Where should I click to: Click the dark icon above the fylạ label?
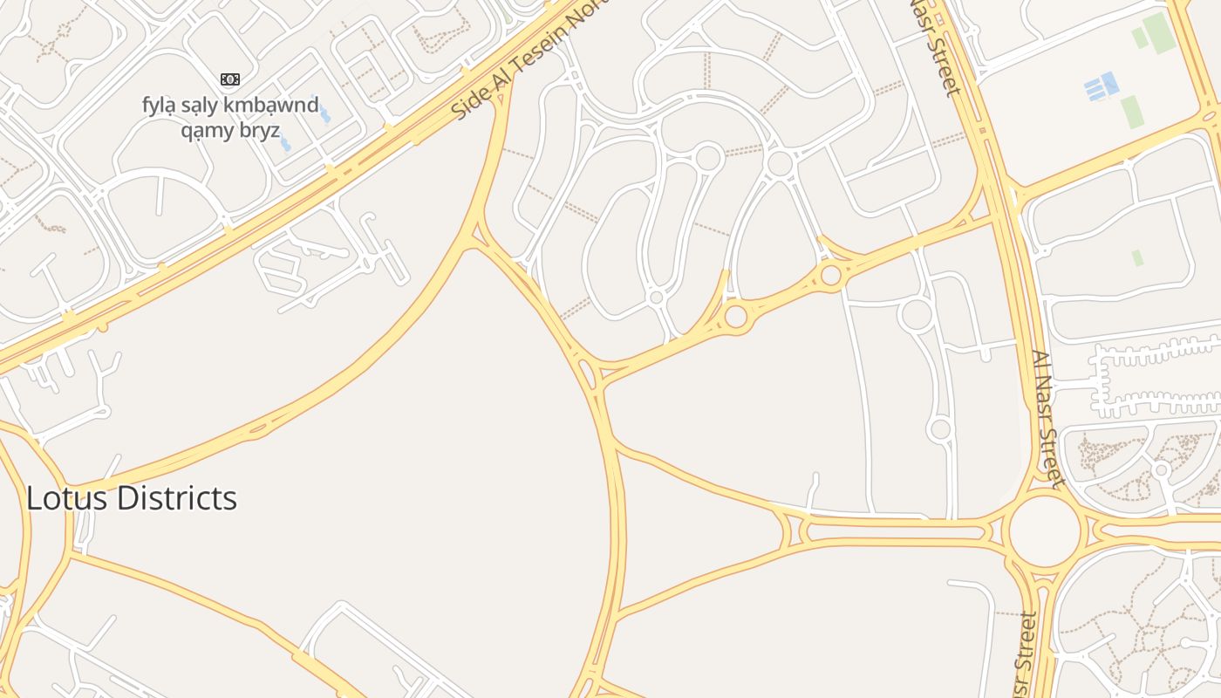pos(230,80)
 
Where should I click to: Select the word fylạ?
pos(159,106)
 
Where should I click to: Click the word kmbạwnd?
pos(276,106)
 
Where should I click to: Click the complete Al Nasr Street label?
pos(1046,418)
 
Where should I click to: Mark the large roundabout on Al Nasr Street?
pos(1045,529)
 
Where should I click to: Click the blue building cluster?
pos(1102,86)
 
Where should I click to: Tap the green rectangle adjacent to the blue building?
pos(1131,111)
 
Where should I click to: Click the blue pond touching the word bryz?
pos(285,143)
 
